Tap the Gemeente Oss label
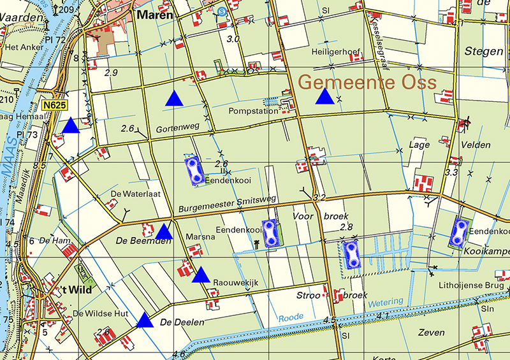coord(367,82)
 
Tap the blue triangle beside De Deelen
coord(145,320)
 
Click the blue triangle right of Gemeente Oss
coord(325,97)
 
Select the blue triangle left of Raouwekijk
coord(201,275)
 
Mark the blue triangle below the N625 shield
coord(70,126)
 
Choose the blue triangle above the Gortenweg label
coord(173,99)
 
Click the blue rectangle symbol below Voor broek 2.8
coord(351,254)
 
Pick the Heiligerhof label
coord(333,51)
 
